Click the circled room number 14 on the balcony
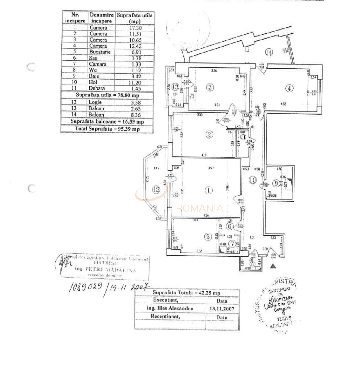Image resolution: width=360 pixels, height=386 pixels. pyautogui.click(x=269, y=52)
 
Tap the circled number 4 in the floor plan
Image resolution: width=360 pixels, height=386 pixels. pyautogui.click(x=289, y=88)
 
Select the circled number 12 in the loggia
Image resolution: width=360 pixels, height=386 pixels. pyautogui.click(x=156, y=190)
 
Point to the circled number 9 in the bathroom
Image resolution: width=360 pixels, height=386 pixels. pyautogui.click(x=276, y=183)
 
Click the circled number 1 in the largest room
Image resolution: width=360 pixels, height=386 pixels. pyautogui.click(x=208, y=190)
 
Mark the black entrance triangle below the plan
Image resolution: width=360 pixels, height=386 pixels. pyautogui.click(x=272, y=265)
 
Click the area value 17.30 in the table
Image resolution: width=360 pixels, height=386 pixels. pyautogui.click(x=135, y=28)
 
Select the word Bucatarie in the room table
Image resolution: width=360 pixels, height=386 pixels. pyautogui.click(x=100, y=52)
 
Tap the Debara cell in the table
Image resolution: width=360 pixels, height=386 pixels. pyautogui.click(x=97, y=88)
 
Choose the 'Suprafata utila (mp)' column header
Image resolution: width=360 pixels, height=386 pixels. pyautogui.click(x=134, y=18)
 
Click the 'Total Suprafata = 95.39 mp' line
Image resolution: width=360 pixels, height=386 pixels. pyautogui.click(x=107, y=128)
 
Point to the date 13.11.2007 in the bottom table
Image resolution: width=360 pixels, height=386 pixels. pyautogui.click(x=222, y=309)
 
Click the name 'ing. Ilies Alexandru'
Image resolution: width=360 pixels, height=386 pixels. pyautogui.click(x=170, y=308)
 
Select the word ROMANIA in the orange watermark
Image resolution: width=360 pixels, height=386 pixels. pyautogui.click(x=199, y=208)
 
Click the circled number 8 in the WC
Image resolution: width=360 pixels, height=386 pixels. pyautogui.click(x=252, y=264)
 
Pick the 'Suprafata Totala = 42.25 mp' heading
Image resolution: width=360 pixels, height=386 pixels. pyautogui.click(x=186, y=293)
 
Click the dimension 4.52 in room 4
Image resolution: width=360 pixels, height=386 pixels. pyautogui.click(x=284, y=103)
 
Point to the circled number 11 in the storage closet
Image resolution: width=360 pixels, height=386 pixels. pyautogui.click(x=243, y=137)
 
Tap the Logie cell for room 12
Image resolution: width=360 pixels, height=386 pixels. pyautogui.click(x=95, y=102)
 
